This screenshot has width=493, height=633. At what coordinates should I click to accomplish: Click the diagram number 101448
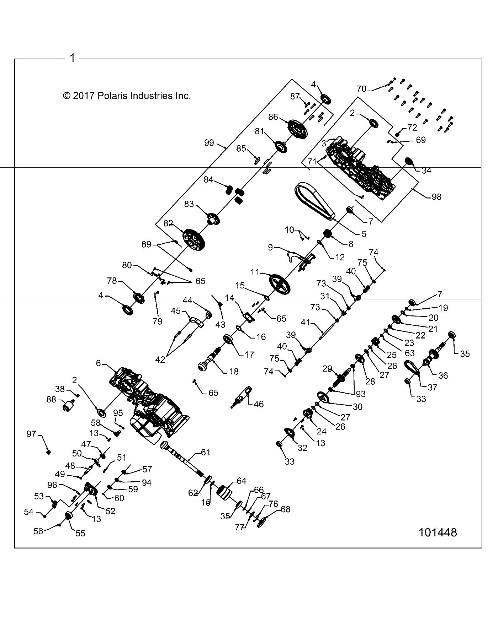tap(437, 542)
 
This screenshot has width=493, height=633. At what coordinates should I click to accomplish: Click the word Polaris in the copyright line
tap(113, 96)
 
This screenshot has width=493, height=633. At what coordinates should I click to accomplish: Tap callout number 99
tap(209, 142)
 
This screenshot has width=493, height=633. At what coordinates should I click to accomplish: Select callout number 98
tap(436, 196)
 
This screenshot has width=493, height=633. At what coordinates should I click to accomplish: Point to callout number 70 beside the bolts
tap(361, 89)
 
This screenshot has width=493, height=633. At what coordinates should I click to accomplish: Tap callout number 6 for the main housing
tap(99, 363)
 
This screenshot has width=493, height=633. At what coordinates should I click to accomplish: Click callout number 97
tap(32, 434)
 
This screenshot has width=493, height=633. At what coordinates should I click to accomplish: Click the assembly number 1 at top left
tap(73, 58)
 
